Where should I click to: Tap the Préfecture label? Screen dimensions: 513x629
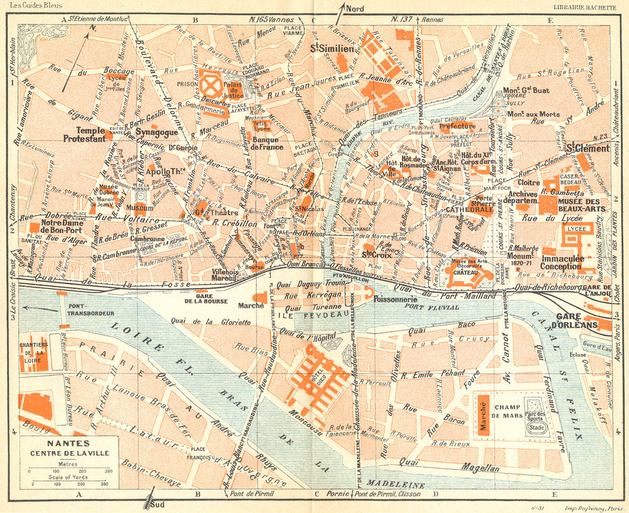tap(457, 126)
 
